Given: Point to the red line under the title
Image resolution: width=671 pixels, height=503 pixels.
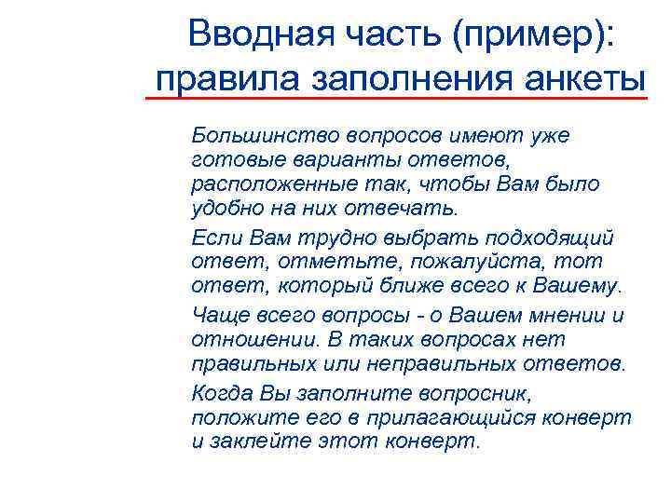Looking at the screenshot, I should click(396, 97).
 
